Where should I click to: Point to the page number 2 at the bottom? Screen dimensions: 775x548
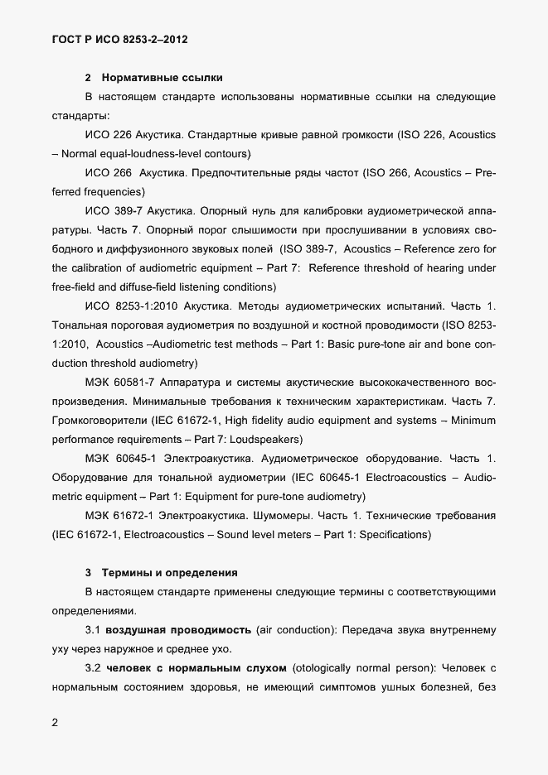(x=55, y=723)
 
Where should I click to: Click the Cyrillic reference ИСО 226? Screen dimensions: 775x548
(x=109, y=135)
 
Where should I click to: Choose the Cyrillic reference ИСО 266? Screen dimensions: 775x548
(x=109, y=173)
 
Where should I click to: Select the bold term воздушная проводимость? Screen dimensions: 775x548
(x=177, y=629)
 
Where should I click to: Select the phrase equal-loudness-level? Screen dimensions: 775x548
(x=153, y=154)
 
